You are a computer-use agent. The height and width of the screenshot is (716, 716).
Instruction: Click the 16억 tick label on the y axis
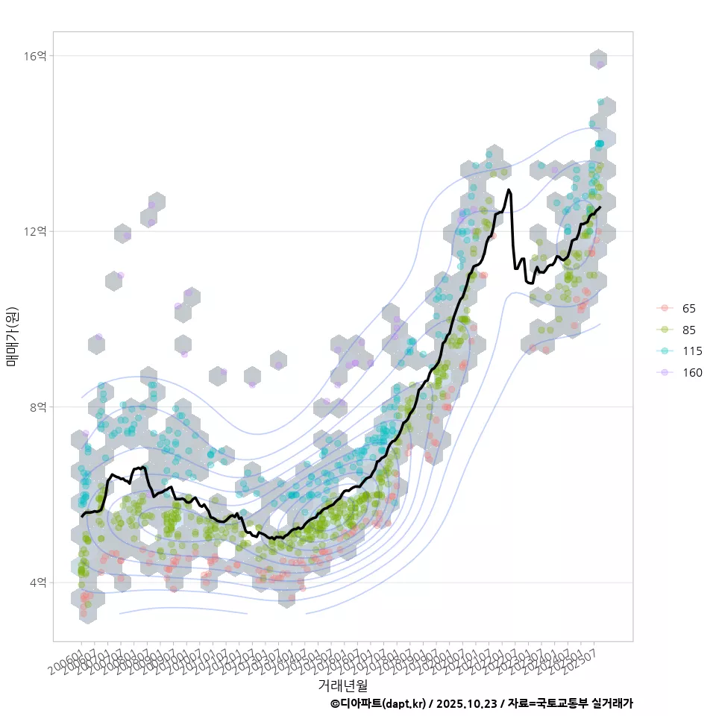37,56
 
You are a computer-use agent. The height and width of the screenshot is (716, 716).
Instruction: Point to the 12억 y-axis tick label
37,231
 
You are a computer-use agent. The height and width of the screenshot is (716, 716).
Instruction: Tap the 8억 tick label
39,406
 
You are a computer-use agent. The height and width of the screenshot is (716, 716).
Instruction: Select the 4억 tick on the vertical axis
39,582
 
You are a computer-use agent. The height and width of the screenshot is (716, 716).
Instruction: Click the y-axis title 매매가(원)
13,336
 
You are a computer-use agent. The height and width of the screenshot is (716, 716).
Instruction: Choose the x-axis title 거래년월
343,684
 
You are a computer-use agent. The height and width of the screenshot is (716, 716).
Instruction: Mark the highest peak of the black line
509,189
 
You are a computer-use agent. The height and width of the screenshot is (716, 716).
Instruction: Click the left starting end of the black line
82,516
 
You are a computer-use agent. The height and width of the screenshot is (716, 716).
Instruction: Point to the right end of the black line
600,207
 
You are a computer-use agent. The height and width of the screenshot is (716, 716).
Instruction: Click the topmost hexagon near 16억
598,59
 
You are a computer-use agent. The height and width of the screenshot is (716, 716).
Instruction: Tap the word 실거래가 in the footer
612,703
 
